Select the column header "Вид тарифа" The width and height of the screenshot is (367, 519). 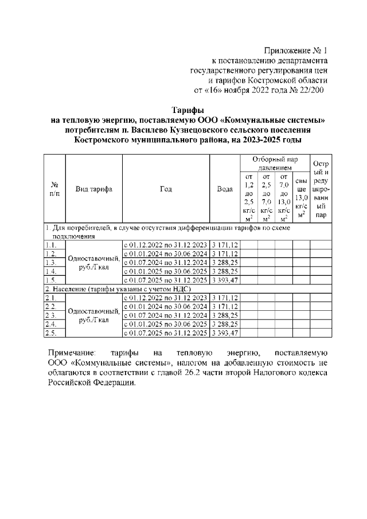[94, 189]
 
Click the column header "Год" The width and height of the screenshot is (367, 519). [166, 189]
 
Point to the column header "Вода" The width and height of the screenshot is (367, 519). [225, 189]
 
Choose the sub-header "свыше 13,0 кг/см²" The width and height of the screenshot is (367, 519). [301, 198]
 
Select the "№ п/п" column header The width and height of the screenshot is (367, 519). [56, 189]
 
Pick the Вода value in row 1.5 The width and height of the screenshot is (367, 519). [225, 280]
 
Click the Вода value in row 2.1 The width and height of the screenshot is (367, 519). [225, 298]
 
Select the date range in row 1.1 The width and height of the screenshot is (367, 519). [166, 245]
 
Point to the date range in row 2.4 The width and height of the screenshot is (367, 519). [166, 324]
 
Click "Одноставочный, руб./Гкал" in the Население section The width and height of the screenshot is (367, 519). [94, 315]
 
